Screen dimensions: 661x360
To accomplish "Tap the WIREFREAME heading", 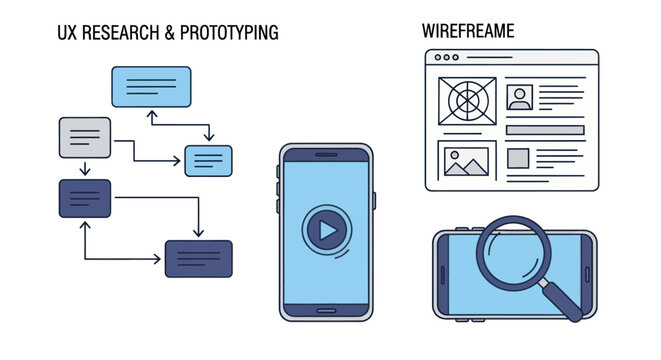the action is point(469,31).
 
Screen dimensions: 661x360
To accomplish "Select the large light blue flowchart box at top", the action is point(151,86).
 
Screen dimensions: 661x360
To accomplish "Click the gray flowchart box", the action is point(84,137).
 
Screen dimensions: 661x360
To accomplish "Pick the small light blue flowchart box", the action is point(208,160).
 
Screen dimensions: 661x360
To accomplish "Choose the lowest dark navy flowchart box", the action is point(198,258).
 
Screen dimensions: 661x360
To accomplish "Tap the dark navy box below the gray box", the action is point(84,198).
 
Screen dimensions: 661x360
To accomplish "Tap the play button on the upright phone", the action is point(324,231).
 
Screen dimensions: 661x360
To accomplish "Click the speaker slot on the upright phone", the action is point(325,154).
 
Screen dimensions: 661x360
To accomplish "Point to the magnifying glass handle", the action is point(561,299).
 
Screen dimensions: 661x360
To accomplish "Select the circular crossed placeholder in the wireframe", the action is point(467,101).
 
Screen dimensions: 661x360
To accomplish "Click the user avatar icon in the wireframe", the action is point(519,98).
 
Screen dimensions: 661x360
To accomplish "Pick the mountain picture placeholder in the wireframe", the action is point(466,161).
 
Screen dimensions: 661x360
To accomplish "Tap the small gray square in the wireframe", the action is point(518,158).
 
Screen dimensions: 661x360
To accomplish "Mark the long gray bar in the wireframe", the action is point(545,130).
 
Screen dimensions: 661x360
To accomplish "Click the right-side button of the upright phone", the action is point(374,199).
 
